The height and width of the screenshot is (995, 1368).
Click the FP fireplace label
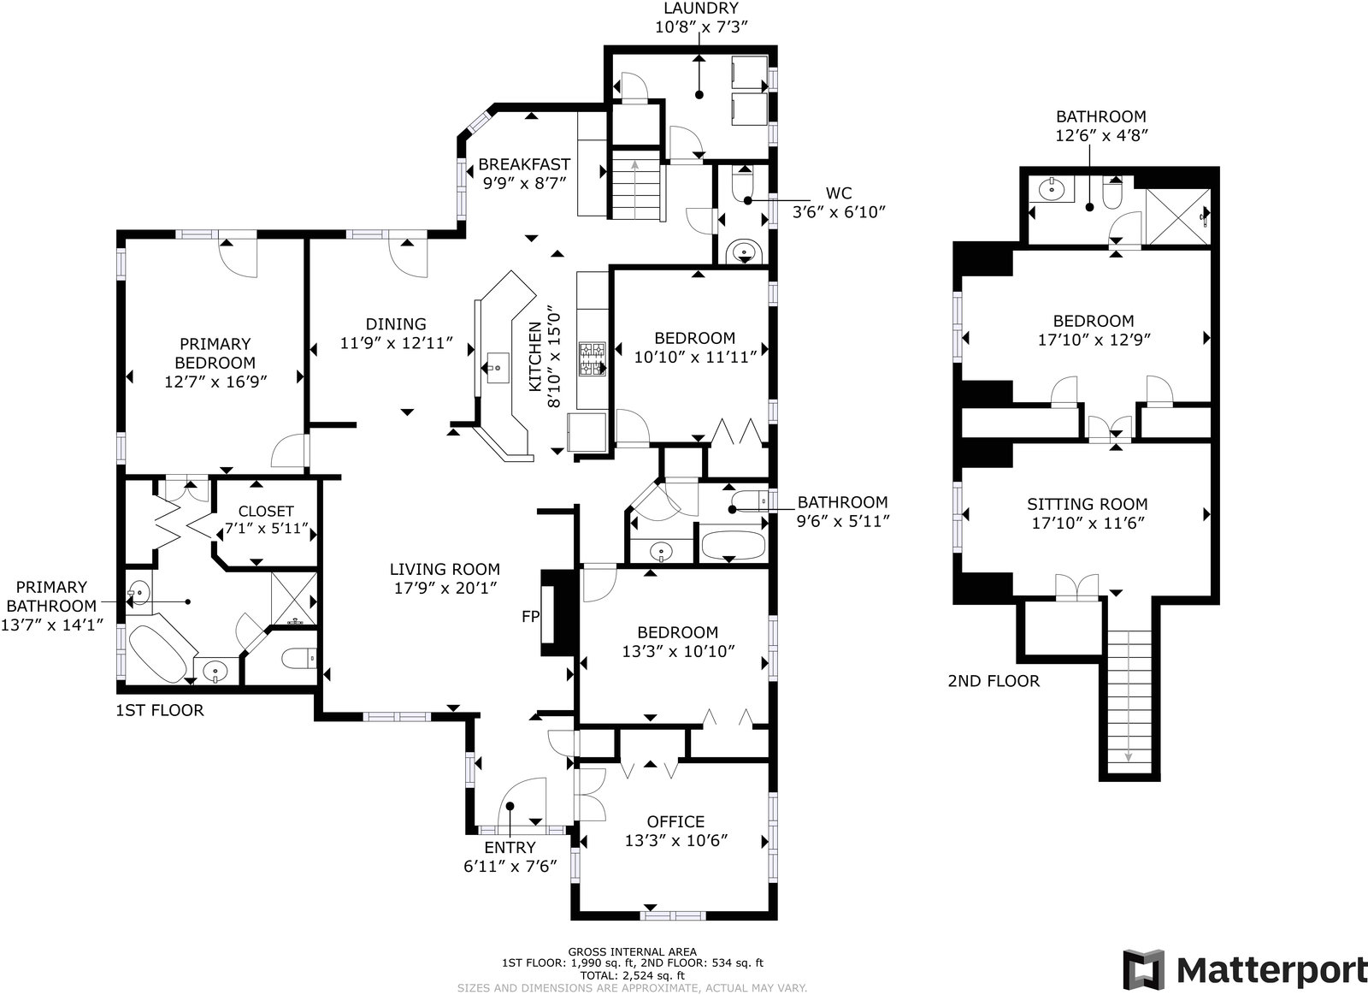531,617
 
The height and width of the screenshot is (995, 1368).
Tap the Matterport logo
1244,970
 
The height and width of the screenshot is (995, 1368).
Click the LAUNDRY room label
700,8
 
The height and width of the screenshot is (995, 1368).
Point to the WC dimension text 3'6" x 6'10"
839,212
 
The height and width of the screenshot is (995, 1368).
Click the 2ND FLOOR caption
994,681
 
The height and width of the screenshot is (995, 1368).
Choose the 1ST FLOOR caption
160,710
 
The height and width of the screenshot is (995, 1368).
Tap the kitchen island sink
498,368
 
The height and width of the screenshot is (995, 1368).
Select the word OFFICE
675,821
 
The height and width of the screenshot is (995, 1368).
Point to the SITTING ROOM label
1087,504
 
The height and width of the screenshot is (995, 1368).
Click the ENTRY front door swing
522,802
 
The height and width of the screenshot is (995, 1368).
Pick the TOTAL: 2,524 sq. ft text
632,975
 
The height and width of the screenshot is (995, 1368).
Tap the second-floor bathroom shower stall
1177,216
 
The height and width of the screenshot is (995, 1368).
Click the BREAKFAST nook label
524,164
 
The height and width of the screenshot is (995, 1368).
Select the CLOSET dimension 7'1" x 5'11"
266,528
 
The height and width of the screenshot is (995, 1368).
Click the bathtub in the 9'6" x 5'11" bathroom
732,545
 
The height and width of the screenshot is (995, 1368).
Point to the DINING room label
396,324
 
